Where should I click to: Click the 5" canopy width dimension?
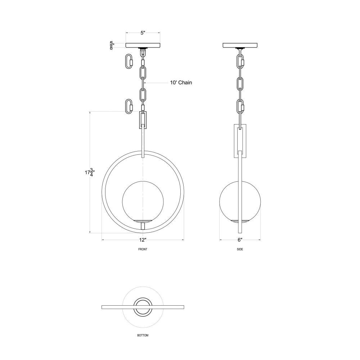(143, 33)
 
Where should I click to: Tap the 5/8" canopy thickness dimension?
(112, 45)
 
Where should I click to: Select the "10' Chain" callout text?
(181, 83)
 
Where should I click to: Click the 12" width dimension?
(143, 240)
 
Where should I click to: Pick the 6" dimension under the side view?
(240, 240)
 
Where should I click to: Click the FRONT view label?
(143, 249)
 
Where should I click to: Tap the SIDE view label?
(240, 249)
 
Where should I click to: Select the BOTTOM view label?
(143, 336)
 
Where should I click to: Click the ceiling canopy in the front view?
(143, 45)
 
